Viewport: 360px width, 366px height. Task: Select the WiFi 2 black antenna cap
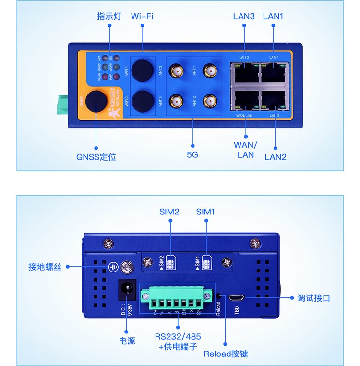[x=142, y=100]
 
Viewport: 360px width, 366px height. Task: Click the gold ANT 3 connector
[x=178, y=71]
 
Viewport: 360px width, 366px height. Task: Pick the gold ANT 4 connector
[x=178, y=101]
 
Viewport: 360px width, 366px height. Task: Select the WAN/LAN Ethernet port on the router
[x=244, y=99]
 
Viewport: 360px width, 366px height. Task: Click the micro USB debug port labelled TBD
[x=237, y=297]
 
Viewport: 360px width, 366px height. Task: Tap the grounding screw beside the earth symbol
[x=127, y=267]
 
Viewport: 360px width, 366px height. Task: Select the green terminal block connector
[x=176, y=301]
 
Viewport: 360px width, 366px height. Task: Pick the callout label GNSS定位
[x=96, y=157]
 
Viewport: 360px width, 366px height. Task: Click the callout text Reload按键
[x=226, y=354]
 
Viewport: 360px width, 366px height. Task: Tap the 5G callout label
[x=192, y=155]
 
